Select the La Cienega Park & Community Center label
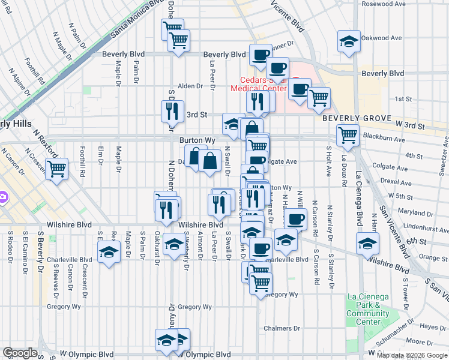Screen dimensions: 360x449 [368, 309]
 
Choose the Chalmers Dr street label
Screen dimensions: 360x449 [282, 328]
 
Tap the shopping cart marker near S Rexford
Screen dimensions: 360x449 [56, 169]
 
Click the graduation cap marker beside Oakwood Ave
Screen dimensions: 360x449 [349, 41]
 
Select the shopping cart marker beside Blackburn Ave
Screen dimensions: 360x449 [348, 135]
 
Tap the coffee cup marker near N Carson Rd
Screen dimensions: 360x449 [295, 220]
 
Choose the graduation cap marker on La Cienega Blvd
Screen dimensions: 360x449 [367, 243]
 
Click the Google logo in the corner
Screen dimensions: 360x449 [20, 353]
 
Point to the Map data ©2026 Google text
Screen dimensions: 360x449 [412, 355]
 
